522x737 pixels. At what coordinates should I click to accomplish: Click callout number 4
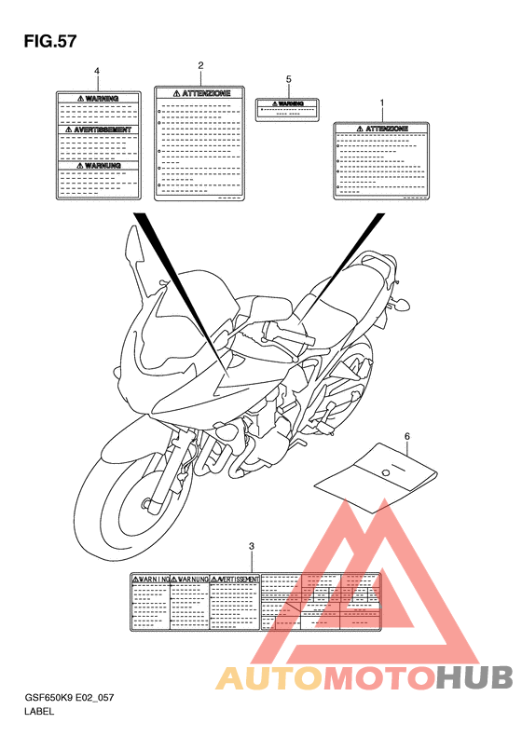pyautogui.click(x=97, y=72)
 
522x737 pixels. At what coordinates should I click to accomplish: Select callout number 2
pyautogui.click(x=200, y=65)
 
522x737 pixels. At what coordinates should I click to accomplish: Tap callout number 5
pyautogui.click(x=288, y=80)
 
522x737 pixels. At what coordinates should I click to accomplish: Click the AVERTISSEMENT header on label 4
pyautogui.click(x=97, y=130)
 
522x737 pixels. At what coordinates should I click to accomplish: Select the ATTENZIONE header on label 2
pyautogui.click(x=199, y=93)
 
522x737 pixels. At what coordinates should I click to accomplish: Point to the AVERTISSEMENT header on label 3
pyautogui.click(x=234, y=579)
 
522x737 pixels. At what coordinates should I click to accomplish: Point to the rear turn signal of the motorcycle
pyautogui.click(x=405, y=302)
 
